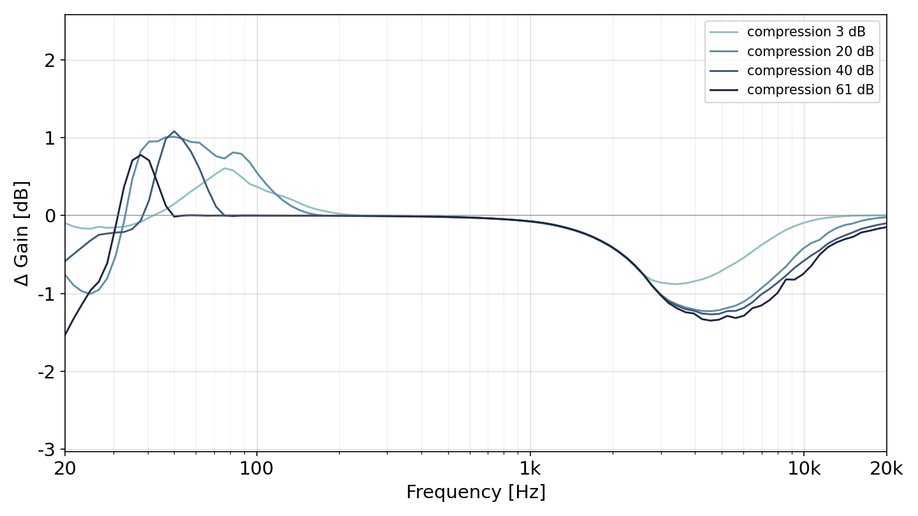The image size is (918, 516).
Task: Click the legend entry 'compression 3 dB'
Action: [x=806, y=32]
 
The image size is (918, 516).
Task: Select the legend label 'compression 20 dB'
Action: [x=810, y=52]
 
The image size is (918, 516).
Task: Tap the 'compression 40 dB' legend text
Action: [x=810, y=71]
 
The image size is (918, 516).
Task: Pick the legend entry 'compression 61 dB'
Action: [x=810, y=90]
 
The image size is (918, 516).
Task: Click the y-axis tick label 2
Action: [x=50, y=61]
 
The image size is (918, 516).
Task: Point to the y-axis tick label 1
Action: [x=50, y=138]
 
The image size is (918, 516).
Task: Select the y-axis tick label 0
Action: [x=50, y=216]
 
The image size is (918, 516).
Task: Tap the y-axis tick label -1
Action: [x=47, y=294]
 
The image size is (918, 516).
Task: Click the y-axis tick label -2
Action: [x=47, y=372]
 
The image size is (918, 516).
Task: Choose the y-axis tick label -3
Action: [x=47, y=450]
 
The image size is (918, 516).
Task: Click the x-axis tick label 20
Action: [x=65, y=469]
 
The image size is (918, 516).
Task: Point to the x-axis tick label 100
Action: [x=256, y=469]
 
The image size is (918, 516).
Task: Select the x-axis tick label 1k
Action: [x=530, y=469]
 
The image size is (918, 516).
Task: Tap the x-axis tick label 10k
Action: [x=804, y=469]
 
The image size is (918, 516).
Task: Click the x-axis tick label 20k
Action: [x=886, y=469]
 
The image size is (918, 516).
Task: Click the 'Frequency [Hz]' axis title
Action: [x=476, y=492]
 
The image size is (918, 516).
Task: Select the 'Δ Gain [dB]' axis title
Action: [x=21, y=233]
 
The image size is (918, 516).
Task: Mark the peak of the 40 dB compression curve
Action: [x=174, y=131]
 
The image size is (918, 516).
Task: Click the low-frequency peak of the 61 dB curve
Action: [x=140, y=155]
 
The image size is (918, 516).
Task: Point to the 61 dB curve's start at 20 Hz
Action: [x=65, y=335]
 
